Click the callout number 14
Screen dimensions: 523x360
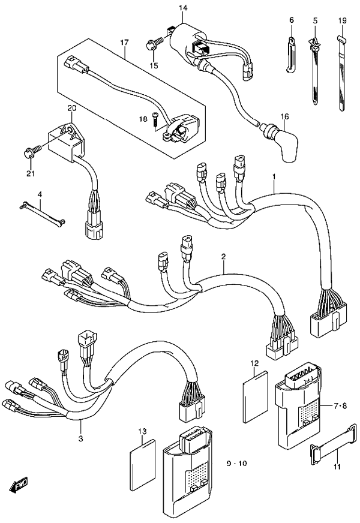(x=183, y=7)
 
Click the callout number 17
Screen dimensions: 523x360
(x=124, y=43)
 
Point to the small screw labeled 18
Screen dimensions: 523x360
(x=155, y=119)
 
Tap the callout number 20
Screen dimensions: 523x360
(x=72, y=108)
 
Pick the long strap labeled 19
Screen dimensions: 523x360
(x=343, y=72)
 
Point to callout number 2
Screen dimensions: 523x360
(x=223, y=257)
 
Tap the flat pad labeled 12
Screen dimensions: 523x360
(x=254, y=393)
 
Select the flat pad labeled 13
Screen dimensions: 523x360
(x=142, y=462)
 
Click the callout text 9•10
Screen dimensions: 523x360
(x=236, y=464)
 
